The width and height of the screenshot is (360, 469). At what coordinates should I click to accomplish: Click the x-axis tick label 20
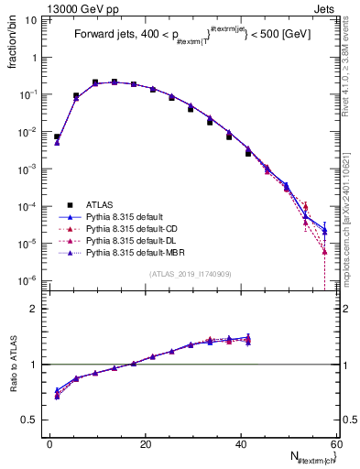pyautogui.click(x=146, y=444)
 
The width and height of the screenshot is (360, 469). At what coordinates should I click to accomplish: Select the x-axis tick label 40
pyautogui.click(x=241, y=444)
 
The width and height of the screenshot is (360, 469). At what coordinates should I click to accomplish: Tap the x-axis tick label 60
pyautogui.click(x=335, y=444)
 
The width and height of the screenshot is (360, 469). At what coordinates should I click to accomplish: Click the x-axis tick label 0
pyautogui.click(x=50, y=444)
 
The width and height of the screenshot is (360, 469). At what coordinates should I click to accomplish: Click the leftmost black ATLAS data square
pyautogui.click(x=57, y=136)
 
